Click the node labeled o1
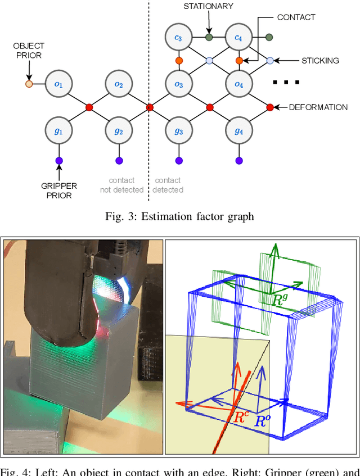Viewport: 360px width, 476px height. point(58,84)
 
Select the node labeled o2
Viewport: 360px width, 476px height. point(118,84)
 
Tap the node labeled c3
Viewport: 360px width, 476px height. point(178,38)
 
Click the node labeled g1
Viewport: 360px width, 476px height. point(58,131)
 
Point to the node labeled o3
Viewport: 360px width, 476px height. point(178,84)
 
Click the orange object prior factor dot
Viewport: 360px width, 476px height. point(29,84)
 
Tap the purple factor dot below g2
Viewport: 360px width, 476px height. point(118,161)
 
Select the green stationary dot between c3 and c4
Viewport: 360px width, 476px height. point(209,38)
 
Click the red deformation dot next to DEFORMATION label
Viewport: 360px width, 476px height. point(269,107)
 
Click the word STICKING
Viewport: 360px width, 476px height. point(319,61)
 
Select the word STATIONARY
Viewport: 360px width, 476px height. point(208,6)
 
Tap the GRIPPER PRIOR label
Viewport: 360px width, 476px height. point(59,191)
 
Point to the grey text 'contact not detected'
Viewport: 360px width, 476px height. point(121,185)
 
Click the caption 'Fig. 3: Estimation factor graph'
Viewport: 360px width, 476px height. point(180,216)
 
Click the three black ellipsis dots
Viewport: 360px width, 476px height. point(285,83)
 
